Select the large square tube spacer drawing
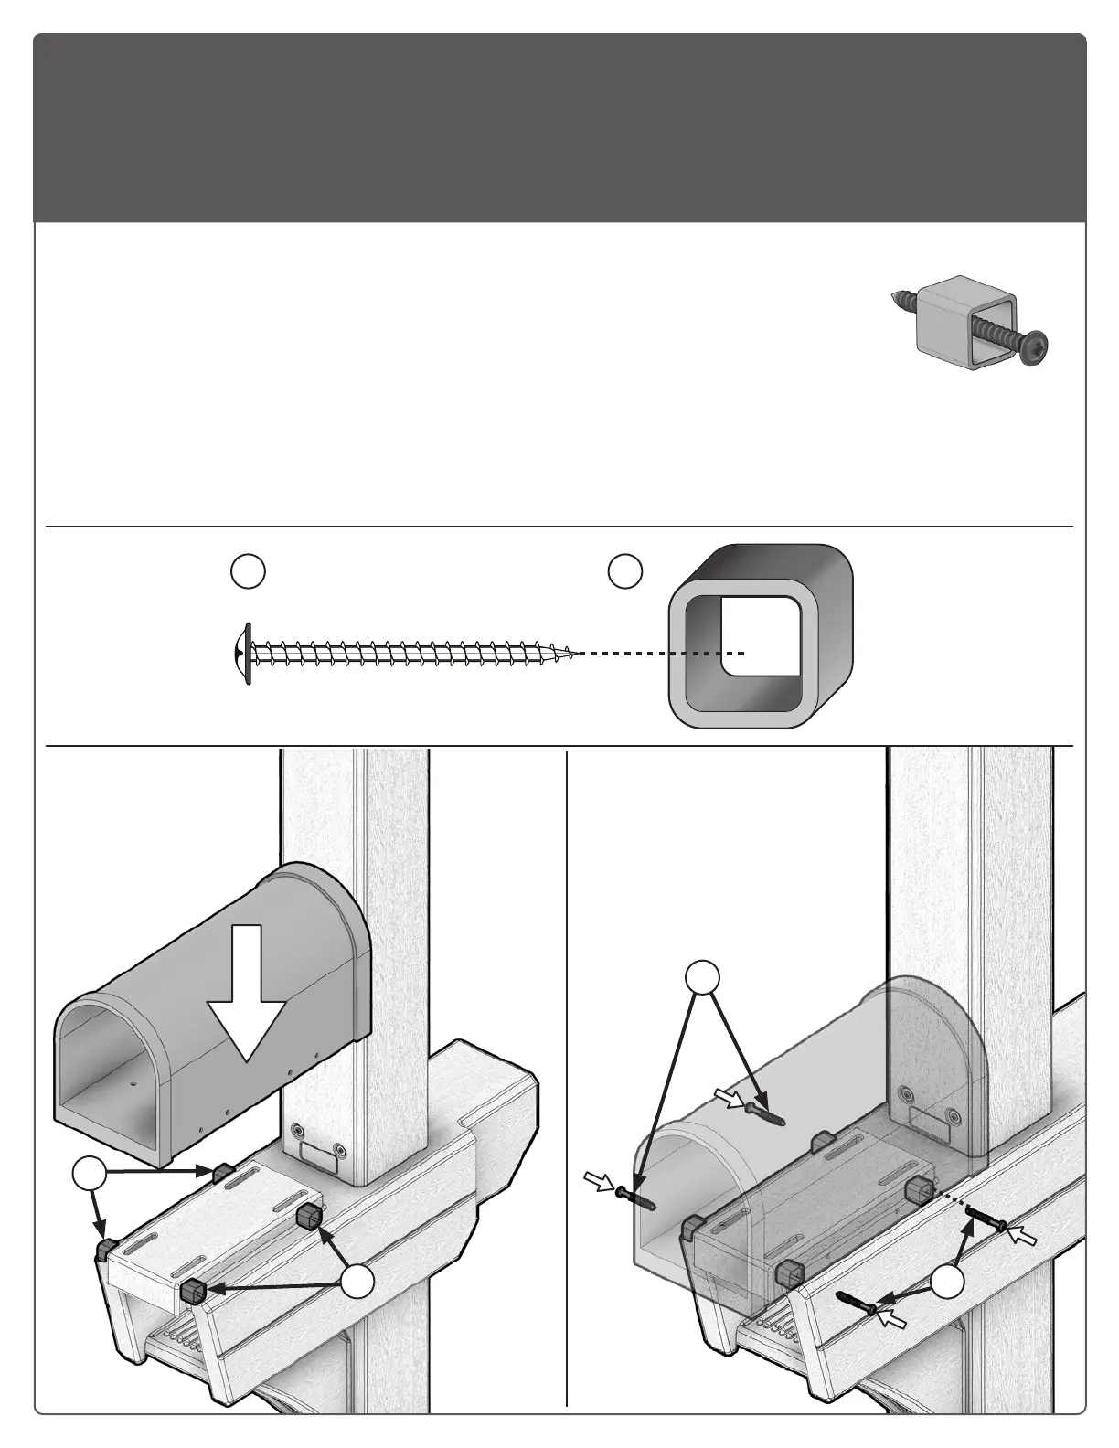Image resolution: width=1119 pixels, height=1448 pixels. click(761, 637)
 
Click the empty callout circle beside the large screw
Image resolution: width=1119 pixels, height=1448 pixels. click(248, 570)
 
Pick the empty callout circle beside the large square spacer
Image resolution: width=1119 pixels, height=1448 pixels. click(625, 570)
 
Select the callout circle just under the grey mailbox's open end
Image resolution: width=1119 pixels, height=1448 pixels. click(88, 1175)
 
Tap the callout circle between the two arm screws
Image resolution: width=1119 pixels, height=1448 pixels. click(948, 1283)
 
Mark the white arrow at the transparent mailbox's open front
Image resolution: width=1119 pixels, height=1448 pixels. click(599, 1184)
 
